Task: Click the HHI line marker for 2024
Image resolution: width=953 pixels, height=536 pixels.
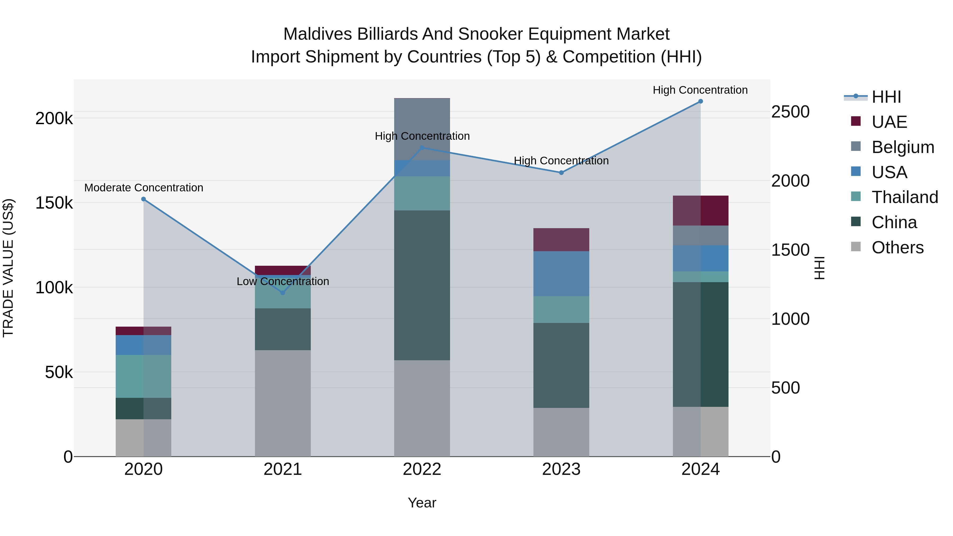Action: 700,101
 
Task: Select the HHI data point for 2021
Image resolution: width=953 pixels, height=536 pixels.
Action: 283,292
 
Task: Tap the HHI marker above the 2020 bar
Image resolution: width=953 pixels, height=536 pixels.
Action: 143,199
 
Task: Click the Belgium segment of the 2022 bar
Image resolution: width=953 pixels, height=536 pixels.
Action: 422,129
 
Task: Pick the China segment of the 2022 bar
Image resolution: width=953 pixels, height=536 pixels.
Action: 422,285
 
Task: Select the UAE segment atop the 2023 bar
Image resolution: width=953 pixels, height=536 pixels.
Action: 561,240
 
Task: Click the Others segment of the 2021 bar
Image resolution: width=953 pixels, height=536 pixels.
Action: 283,403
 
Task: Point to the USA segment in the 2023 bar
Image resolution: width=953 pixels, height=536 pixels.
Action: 561,273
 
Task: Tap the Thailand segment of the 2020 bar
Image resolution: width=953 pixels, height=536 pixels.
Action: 143,376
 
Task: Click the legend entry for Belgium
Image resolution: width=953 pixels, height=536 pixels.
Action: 903,147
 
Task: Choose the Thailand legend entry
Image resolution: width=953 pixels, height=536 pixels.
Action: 905,197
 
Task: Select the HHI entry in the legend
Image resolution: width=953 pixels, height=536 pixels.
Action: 886,97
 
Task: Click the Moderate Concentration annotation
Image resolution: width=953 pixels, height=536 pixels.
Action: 143,188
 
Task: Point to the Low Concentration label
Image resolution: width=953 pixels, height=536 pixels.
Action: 283,282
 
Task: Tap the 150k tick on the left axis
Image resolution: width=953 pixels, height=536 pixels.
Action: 54,203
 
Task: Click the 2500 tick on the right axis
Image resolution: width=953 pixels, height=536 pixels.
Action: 790,112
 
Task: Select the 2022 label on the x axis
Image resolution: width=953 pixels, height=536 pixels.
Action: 422,469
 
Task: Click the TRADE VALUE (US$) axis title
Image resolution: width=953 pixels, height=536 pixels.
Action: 8,268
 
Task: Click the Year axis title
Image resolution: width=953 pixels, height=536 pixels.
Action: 422,503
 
